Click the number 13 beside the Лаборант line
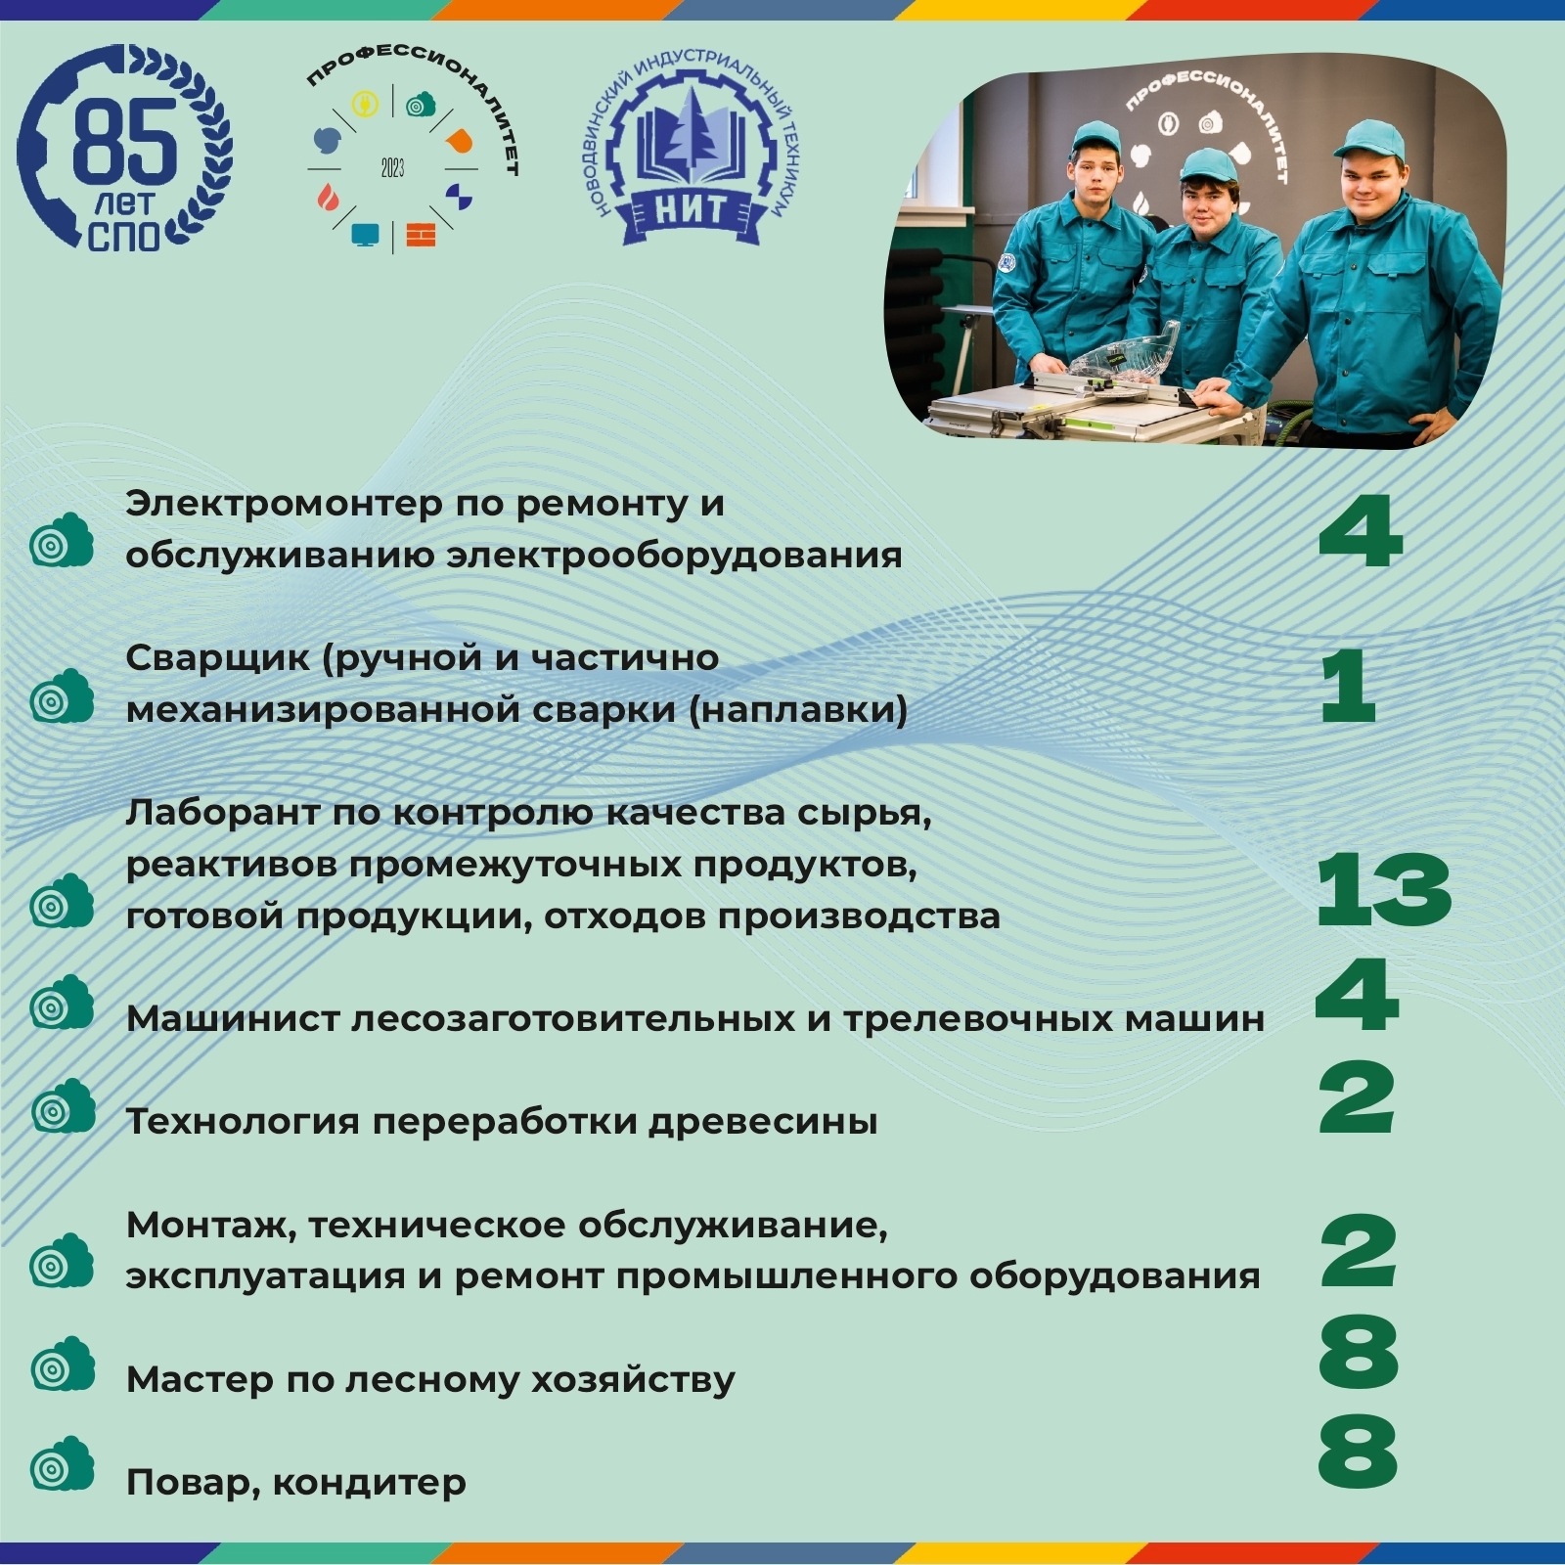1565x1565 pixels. click(x=1383, y=889)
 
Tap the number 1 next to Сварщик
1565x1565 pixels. click(x=1348, y=687)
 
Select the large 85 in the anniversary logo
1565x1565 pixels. click(x=124, y=141)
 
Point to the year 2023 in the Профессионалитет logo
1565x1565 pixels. click(x=392, y=168)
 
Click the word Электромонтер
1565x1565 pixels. click(x=285, y=504)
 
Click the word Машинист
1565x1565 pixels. click(x=231, y=1019)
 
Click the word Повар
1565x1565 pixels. click(x=193, y=1483)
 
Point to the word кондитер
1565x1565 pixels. click(x=370, y=1483)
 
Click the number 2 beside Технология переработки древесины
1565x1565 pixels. click(x=1356, y=1100)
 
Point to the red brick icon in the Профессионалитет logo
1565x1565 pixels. click(x=421, y=236)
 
